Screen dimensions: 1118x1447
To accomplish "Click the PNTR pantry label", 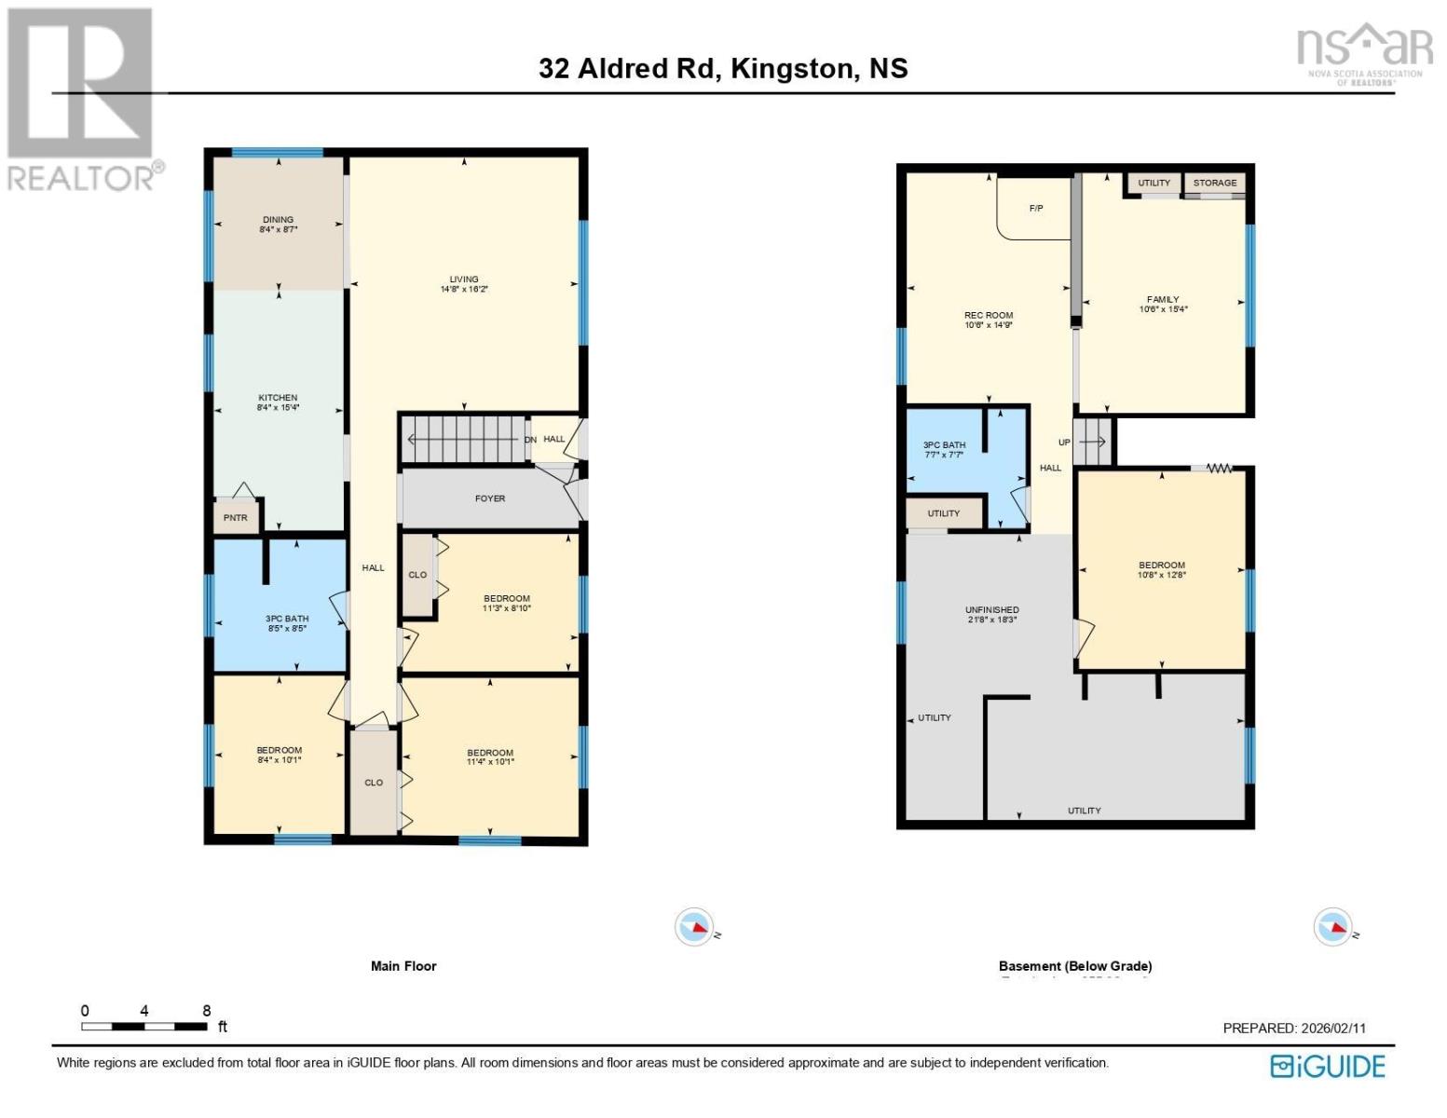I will click(x=236, y=517).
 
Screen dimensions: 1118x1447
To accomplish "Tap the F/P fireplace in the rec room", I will click(x=1035, y=209).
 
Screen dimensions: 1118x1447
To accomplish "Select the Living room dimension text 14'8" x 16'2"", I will click(x=464, y=290).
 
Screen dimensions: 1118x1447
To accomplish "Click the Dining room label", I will click(x=278, y=220).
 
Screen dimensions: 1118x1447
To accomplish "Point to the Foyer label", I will click(x=490, y=498).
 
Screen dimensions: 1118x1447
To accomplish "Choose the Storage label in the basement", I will click(x=1215, y=183).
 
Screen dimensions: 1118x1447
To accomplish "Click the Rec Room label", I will click(x=989, y=315).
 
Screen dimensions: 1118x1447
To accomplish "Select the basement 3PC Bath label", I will click(x=944, y=445).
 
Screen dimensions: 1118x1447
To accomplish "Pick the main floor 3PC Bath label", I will click(x=286, y=619).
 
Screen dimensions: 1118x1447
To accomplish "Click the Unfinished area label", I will click(x=991, y=610).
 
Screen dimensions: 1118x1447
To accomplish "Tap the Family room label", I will click(x=1163, y=299).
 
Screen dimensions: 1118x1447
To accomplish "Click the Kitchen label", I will click(x=278, y=398).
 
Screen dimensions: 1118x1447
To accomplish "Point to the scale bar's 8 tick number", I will click(x=206, y=1011).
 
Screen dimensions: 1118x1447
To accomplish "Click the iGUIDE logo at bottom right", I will click(x=1328, y=1066).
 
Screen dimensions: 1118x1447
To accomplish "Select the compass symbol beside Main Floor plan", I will click(x=694, y=927).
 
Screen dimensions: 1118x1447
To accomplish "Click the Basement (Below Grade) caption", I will click(x=1075, y=966).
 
